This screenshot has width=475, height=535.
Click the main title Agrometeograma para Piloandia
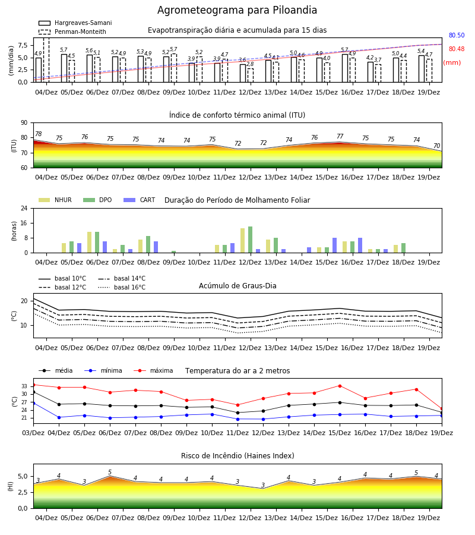point(237,10)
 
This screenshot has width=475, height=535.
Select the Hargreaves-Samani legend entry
point(75,23)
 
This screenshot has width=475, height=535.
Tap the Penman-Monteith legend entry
point(72,32)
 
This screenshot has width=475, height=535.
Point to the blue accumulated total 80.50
point(457,35)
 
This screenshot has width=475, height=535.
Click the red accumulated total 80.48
point(457,49)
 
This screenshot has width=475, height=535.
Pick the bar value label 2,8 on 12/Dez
point(250,64)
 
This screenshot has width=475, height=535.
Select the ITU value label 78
point(39,134)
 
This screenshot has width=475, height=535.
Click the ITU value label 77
point(340,136)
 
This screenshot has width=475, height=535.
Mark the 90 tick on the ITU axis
point(24,123)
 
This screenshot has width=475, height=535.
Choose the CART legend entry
point(140,200)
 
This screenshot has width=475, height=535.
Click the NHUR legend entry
point(55,200)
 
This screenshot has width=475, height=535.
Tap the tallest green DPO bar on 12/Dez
point(250,240)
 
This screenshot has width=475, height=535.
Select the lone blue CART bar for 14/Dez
point(309,250)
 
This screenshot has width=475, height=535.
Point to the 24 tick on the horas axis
point(24,208)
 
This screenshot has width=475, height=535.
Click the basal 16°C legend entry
point(122,287)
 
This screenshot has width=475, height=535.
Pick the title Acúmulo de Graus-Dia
point(237,286)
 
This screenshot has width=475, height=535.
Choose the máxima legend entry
point(154,370)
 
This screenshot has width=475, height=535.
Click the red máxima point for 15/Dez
point(340,386)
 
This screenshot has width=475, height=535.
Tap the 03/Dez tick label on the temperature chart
point(33,433)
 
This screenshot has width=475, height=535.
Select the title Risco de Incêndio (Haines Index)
point(237,456)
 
